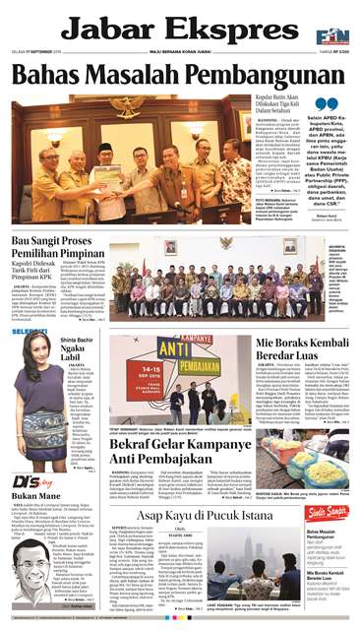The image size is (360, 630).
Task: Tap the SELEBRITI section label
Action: [x=28, y=333]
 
